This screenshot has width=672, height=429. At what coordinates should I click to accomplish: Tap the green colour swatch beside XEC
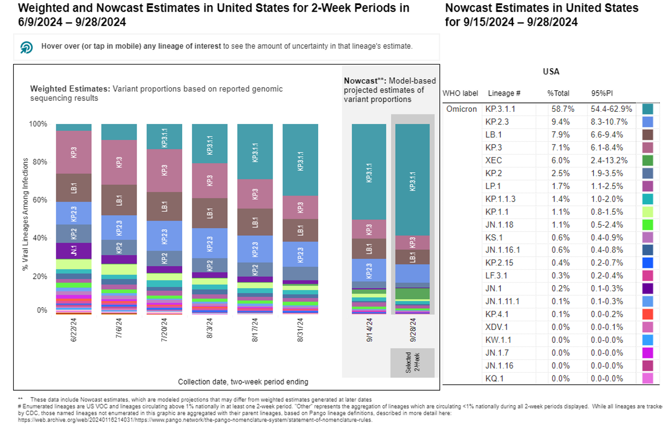[x=648, y=160]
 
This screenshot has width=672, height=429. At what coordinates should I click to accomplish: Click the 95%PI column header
[x=602, y=93]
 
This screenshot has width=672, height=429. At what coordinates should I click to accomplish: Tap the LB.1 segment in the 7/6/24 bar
[x=119, y=200]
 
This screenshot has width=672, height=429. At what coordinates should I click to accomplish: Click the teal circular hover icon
[x=26, y=47]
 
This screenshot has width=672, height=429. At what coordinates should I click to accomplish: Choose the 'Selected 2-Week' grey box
[x=412, y=362]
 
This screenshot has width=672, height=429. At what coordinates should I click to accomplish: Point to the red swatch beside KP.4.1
[x=648, y=313]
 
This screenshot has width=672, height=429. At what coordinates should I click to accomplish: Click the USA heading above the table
[x=551, y=72]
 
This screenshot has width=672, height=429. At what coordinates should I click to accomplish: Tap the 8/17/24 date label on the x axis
[x=255, y=330]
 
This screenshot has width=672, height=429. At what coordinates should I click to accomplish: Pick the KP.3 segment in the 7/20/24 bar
[x=164, y=171]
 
